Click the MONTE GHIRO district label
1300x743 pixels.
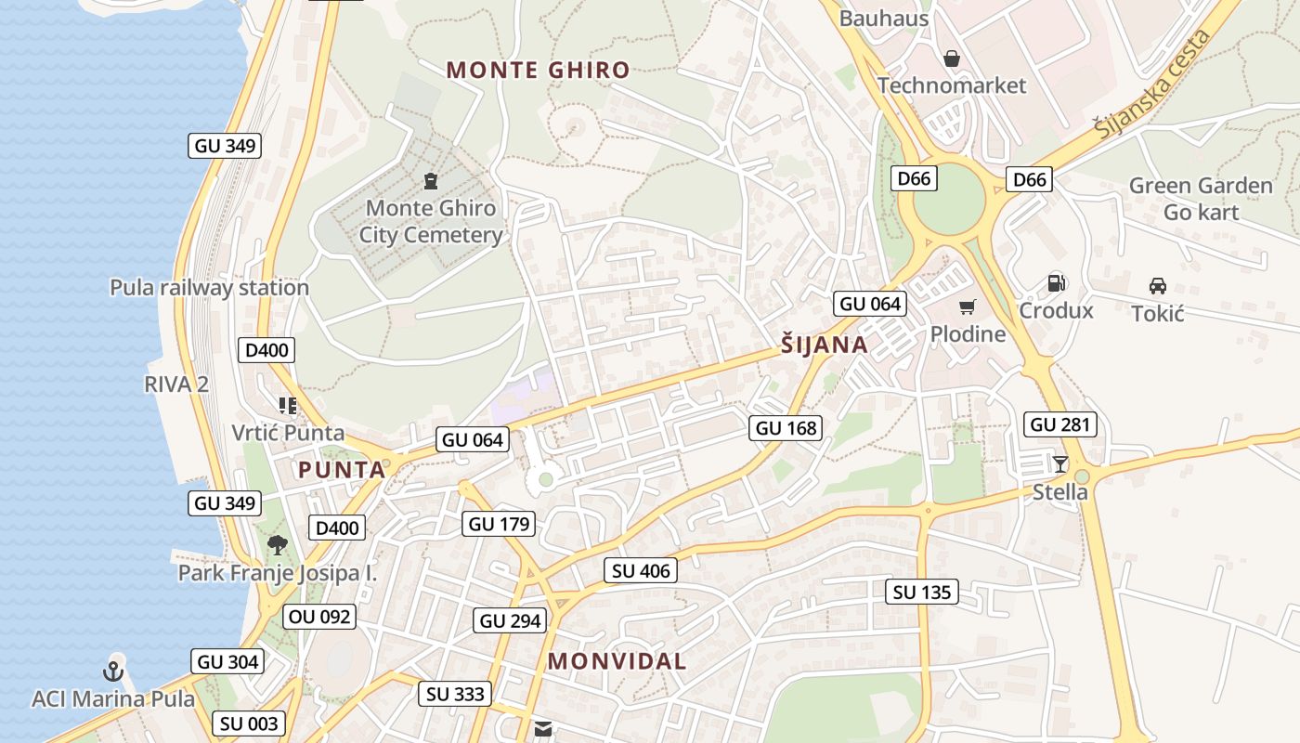[538, 70]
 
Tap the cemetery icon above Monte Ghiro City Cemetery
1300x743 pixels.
[430, 179]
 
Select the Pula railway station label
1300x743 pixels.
[209, 288]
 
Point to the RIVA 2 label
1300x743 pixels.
[176, 384]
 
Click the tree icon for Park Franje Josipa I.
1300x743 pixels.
[277, 545]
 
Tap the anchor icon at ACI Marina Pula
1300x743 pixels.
[113, 671]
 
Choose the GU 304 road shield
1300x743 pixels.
[228, 662]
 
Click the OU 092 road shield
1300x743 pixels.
[319, 617]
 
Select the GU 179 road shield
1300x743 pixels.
[500, 524]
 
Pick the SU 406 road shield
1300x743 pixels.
[641, 571]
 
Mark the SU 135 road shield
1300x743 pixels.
[923, 592]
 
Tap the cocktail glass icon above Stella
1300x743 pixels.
[1060, 463]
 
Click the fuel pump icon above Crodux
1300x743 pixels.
[1056, 283]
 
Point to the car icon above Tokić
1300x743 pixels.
[1158, 286]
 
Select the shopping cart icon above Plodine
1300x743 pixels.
[968, 307]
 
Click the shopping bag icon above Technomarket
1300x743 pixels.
[952, 59]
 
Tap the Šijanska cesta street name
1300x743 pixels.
[1153, 85]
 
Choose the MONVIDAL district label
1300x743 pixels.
[617, 661]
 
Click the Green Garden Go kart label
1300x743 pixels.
[1201, 199]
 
